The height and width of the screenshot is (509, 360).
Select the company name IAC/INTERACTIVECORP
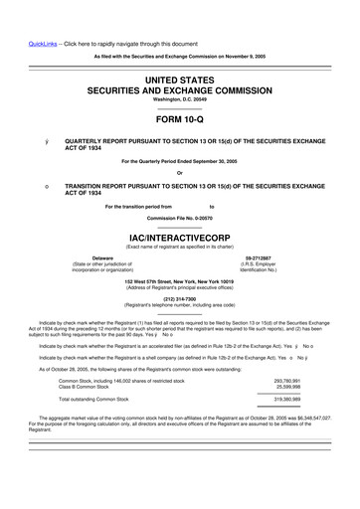179,240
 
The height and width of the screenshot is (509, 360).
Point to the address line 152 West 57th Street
179,280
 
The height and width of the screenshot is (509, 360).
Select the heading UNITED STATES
179,78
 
